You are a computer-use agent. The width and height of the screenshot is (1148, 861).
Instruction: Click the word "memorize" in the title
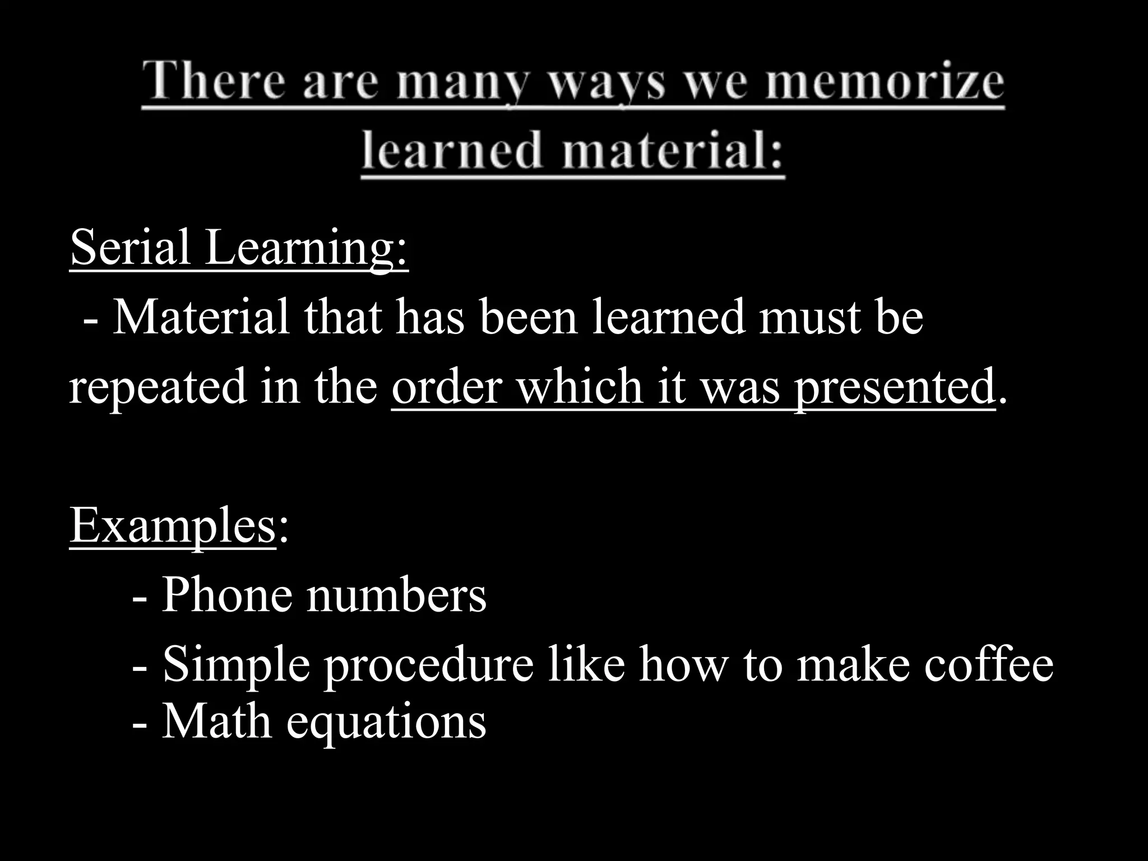[885, 82]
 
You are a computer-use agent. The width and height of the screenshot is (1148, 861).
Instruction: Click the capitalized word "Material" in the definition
[201, 317]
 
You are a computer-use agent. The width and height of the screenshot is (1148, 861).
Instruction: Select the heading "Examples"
[173, 526]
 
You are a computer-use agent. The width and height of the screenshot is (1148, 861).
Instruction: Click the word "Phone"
[226, 595]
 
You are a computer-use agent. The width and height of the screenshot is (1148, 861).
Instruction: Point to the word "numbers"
[396, 595]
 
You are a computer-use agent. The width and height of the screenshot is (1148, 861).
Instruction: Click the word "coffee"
[989, 664]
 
